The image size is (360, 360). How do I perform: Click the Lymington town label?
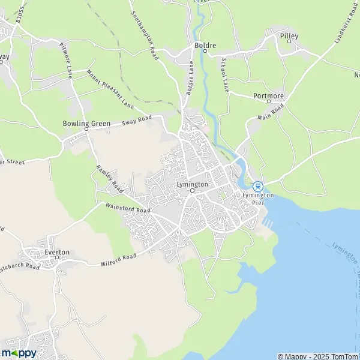[x=192, y=184]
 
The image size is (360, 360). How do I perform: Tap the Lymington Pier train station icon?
[x=257, y=187]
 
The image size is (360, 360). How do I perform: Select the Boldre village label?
[x=205, y=44]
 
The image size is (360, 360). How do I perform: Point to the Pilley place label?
[x=289, y=36]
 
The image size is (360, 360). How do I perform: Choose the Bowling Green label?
[x=86, y=124]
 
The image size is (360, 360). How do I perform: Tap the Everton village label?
[x=58, y=253]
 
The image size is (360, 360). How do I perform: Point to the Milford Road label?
[x=119, y=258]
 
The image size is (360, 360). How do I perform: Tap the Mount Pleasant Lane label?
[x=109, y=88]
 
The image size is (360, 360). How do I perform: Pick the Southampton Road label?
[x=145, y=34]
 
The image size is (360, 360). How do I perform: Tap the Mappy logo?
[x=19, y=353]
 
